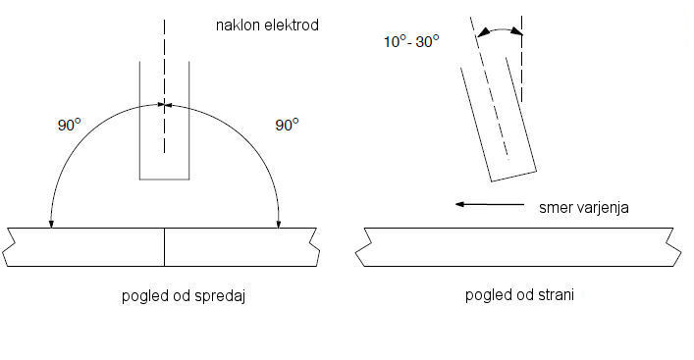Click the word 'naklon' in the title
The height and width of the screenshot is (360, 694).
tap(238, 26)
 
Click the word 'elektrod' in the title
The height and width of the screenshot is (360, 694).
tap(292, 26)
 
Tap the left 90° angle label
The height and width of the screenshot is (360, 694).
tap(70, 126)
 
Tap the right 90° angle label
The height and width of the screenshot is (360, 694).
tap(287, 125)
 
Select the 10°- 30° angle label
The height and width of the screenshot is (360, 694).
tap(411, 41)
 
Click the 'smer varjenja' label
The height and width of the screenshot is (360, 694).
tap(583, 207)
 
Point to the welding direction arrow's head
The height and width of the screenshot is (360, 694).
tap(459, 204)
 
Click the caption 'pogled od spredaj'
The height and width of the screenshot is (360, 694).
tap(184, 296)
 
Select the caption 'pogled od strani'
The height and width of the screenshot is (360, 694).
tap(519, 295)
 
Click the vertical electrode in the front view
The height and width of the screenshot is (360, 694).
tap(164, 121)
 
